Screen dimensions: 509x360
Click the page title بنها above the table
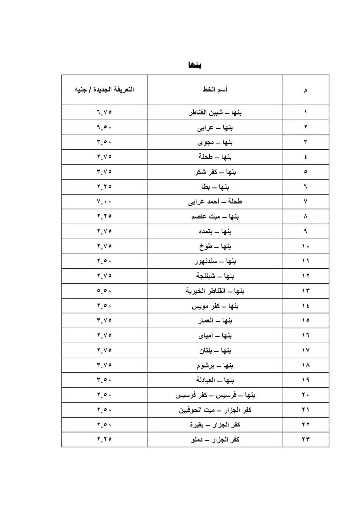coord(195,65)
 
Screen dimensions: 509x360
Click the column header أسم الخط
coord(215,90)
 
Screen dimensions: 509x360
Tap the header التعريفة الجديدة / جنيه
coord(104,90)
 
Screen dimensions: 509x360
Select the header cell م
coord(305,90)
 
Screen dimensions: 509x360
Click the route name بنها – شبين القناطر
coord(215,113)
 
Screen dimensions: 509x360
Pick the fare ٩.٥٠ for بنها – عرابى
coord(104,127)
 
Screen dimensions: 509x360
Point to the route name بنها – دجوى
coord(215,142)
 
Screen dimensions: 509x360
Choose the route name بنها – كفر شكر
coord(215,172)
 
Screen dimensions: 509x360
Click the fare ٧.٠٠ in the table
coord(104,201)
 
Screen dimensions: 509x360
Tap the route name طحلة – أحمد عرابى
coord(215,202)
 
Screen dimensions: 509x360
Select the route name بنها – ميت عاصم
coord(215,217)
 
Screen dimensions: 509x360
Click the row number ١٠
coord(305,246)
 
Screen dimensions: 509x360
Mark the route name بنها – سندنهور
coord(215,261)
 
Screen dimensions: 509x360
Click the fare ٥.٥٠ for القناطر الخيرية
coord(104,291)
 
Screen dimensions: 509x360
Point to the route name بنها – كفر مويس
coord(215,306)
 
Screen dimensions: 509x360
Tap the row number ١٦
coord(305,335)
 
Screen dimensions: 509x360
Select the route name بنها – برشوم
coord(215,366)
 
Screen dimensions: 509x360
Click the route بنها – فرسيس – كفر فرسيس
coord(215,395)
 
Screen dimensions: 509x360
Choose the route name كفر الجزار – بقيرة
coord(215,425)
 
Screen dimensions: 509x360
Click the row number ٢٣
coord(305,439)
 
